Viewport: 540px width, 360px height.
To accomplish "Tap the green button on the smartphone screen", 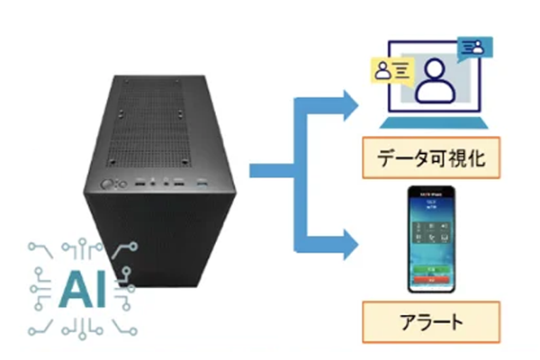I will (432, 268).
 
